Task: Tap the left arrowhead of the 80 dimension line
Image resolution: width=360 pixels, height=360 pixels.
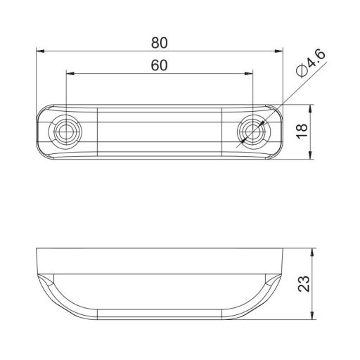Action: tap(40, 51)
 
